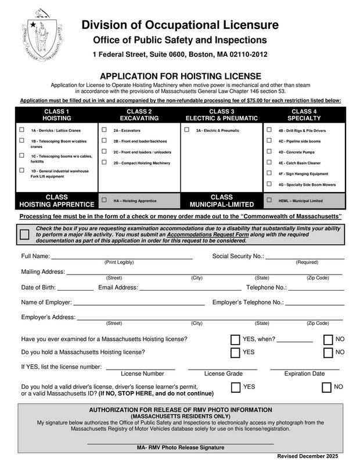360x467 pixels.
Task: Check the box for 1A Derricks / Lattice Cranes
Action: point(22,130)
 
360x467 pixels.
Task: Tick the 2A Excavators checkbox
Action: point(105,130)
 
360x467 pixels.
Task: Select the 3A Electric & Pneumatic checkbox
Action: point(187,130)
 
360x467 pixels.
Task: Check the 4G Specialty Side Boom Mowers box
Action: point(269,184)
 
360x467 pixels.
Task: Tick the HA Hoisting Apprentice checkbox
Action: point(105,200)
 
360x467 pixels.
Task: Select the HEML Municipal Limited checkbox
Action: point(269,200)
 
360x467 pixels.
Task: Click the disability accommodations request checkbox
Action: point(24,234)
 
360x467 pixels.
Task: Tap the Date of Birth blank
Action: point(75,288)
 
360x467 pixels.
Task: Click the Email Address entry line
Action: point(190,288)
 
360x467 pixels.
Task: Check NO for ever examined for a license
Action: point(328,339)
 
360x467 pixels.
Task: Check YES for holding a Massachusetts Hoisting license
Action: point(236,353)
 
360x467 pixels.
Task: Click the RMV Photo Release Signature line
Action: point(180,443)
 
